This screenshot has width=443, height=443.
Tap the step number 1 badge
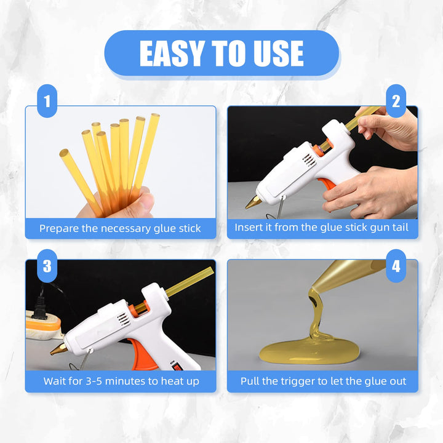pos(47,101)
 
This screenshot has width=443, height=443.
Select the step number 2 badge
pos(396,101)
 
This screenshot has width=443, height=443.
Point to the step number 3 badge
pos(47,266)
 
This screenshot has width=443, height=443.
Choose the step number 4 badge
pos(396,266)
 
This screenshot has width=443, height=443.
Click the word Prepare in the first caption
pos(59,228)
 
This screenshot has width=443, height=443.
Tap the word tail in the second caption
pos(400,227)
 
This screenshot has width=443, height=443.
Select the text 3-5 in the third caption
pos(94,381)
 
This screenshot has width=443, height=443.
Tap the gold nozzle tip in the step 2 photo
pos(253,202)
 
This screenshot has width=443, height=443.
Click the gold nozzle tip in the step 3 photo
pos(59,349)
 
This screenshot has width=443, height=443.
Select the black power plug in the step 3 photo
pos(39,308)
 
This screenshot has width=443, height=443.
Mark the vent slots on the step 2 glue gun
pos(309,160)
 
